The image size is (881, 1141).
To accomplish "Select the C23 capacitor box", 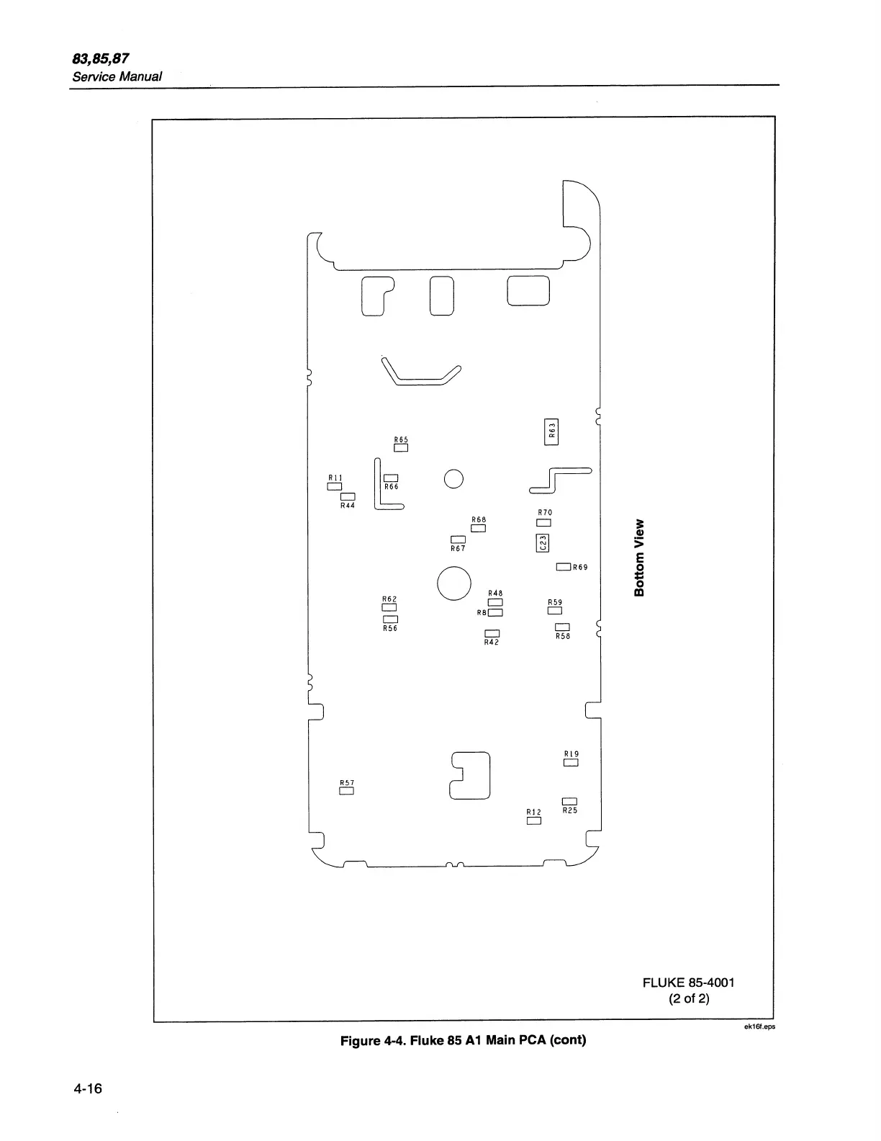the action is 543,542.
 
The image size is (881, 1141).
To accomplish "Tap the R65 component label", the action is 401,439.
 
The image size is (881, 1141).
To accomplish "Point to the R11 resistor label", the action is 335,478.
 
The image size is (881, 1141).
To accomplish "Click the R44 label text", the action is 348,506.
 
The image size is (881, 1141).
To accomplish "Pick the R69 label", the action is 580,568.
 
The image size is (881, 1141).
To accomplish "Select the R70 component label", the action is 545,512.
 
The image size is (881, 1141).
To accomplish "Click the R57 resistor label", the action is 347,782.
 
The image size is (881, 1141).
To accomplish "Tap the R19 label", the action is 571,754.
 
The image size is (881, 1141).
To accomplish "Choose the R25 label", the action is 570,810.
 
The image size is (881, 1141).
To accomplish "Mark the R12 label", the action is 533,812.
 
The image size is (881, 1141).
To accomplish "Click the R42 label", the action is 492,643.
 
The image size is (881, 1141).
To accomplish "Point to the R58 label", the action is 563,636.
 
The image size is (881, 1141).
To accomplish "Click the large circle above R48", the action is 454,583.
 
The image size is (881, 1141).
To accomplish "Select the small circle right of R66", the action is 453,479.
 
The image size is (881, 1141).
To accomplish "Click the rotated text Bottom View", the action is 639,558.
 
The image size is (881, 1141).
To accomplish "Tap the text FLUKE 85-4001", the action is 689,983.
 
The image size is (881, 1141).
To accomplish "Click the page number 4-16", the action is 88,1088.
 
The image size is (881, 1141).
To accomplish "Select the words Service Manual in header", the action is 117,76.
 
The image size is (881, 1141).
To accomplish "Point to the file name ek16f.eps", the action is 759,1027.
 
